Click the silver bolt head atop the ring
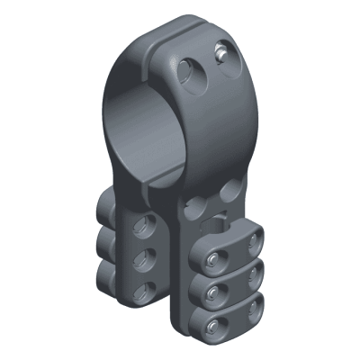coord(220,57)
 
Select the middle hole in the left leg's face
coord(140,259)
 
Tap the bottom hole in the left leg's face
coord(141,291)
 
